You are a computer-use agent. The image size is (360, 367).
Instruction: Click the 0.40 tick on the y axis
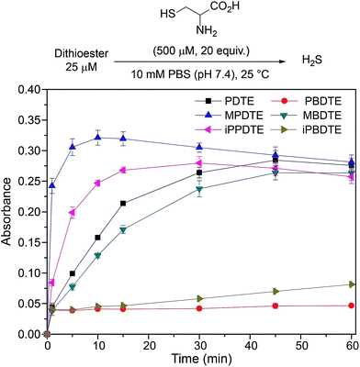click(x=25, y=90)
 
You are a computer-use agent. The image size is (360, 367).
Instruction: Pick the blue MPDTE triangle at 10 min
click(x=97, y=138)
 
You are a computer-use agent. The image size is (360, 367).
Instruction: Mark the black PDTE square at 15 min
click(x=123, y=204)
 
